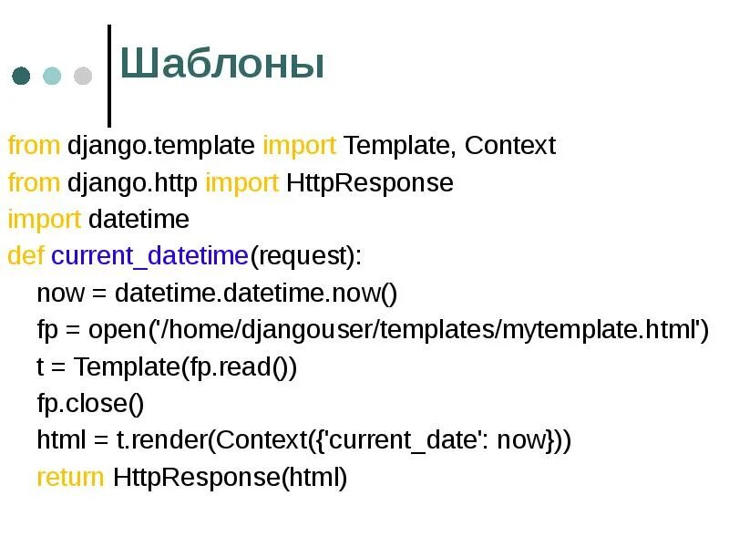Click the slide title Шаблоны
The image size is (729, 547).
point(222,66)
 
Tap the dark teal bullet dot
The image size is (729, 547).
point(20,76)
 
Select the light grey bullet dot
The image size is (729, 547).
point(83,76)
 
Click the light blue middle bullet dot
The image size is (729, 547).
point(52,76)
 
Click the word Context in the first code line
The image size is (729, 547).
point(509,146)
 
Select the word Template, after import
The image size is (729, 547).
point(400,146)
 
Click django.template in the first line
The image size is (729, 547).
point(161,146)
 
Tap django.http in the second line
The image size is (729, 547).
point(132,183)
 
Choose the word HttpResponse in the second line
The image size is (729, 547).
point(369,183)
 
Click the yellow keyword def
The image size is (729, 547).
point(26,256)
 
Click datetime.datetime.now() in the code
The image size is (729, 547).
point(257,294)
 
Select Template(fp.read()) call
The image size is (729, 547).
point(186,367)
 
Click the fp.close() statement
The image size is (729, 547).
point(90,404)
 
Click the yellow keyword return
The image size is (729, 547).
point(70,478)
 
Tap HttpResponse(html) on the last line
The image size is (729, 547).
point(231,478)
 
